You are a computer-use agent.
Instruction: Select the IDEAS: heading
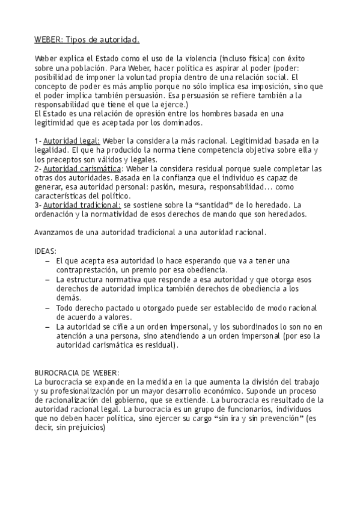coord(46,251)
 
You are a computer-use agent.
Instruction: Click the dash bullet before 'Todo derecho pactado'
coord(48,308)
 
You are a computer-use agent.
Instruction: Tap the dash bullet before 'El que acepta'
coord(48,260)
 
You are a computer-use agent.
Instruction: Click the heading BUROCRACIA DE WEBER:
coord(77,373)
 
